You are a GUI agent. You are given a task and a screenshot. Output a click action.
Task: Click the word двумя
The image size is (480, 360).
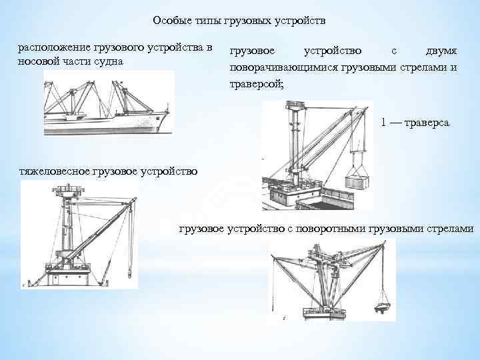[442, 51]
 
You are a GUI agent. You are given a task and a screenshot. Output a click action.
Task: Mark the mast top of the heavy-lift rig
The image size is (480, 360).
[68, 191]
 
